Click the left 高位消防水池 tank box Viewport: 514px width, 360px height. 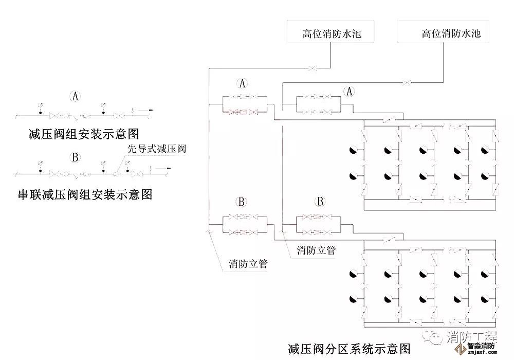click(x=332, y=34)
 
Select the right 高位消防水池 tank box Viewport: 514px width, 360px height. click(x=444, y=34)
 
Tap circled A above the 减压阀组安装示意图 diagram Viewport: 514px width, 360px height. click(x=76, y=96)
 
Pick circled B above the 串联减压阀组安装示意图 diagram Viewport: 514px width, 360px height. click(x=76, y=157)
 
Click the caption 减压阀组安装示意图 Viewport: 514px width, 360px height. click(x=84, y=135)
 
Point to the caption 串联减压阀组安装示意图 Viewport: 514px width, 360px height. click(x=85, y=194)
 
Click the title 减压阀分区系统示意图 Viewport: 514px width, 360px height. click(x=349, y=350)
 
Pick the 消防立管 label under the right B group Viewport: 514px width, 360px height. click(x=316, y=250)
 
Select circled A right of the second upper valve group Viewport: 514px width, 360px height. click(x=349, y=92)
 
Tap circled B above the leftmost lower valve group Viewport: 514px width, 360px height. click(x=243, y=202)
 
